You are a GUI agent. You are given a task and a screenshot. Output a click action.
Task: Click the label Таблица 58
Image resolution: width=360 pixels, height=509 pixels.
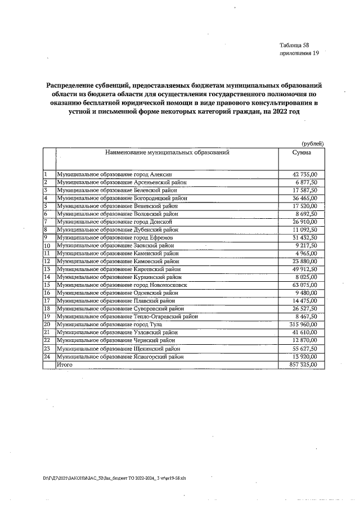tap(294, 45)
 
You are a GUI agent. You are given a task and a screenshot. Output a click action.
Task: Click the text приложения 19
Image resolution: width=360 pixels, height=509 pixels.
tap(299, 53)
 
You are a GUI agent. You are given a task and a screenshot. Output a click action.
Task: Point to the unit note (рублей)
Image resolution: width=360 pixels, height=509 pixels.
tap(312, 143)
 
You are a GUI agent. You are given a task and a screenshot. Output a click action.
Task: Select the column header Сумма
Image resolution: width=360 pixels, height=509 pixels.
tap(301, 152)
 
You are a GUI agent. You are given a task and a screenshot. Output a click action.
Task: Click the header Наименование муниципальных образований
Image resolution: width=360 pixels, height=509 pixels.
tap(167, 152)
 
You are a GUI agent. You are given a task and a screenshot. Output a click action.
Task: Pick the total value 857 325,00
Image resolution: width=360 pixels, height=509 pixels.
tap(303, 365)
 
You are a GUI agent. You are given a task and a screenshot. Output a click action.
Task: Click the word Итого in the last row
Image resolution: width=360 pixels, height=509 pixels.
tap(65, 365)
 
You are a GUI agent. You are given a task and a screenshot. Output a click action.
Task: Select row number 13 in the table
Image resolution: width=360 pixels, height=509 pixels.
tap(47, 269)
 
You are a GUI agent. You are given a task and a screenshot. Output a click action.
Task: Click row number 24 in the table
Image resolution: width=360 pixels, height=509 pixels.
tap(47, 357)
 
